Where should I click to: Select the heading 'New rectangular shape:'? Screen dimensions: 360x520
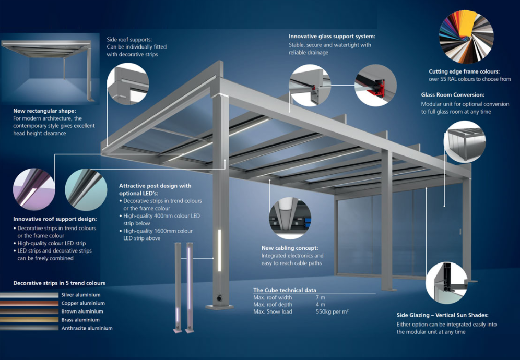(44, 111)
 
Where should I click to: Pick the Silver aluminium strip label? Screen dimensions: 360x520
(81, 295)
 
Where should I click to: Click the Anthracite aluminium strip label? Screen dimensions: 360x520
(87, 328)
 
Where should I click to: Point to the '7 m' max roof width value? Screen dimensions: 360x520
(320, 297)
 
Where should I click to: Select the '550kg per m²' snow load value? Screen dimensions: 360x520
(332, 311)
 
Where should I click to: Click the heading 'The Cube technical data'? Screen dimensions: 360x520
(285, 290)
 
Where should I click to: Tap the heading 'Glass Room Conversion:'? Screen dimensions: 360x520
(453, 95)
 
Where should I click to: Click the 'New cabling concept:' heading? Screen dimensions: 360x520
(289, 248)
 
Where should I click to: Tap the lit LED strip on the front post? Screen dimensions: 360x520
(219, 250)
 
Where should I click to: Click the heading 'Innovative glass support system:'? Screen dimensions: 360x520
(332, 37)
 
